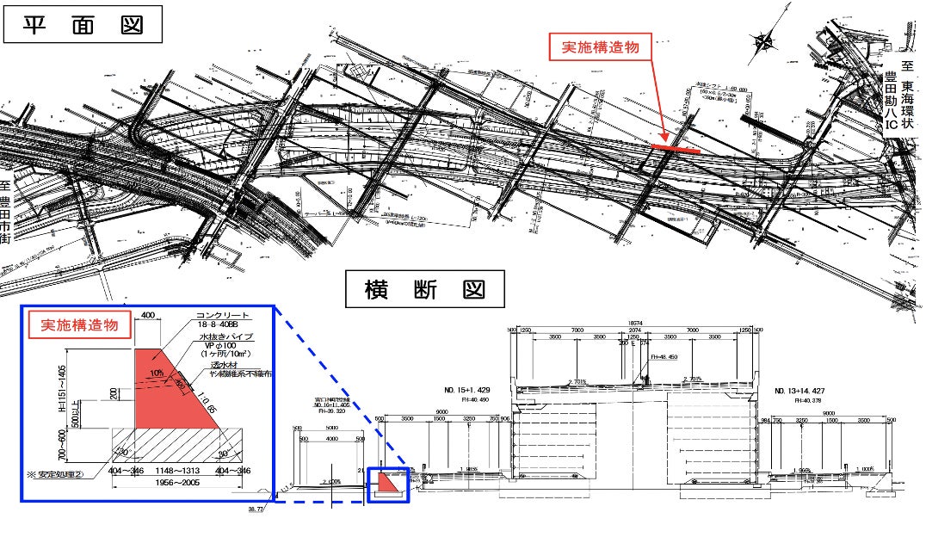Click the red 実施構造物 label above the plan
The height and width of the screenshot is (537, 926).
(600, 47)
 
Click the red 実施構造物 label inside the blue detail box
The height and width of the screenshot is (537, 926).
(80, 325)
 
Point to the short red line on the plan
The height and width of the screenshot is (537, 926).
(674, 148)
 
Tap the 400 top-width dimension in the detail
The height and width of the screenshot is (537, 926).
(148, 316)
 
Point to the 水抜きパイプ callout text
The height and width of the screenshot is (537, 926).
(221, 336)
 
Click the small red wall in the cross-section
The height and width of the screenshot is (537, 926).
(388, 485)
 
